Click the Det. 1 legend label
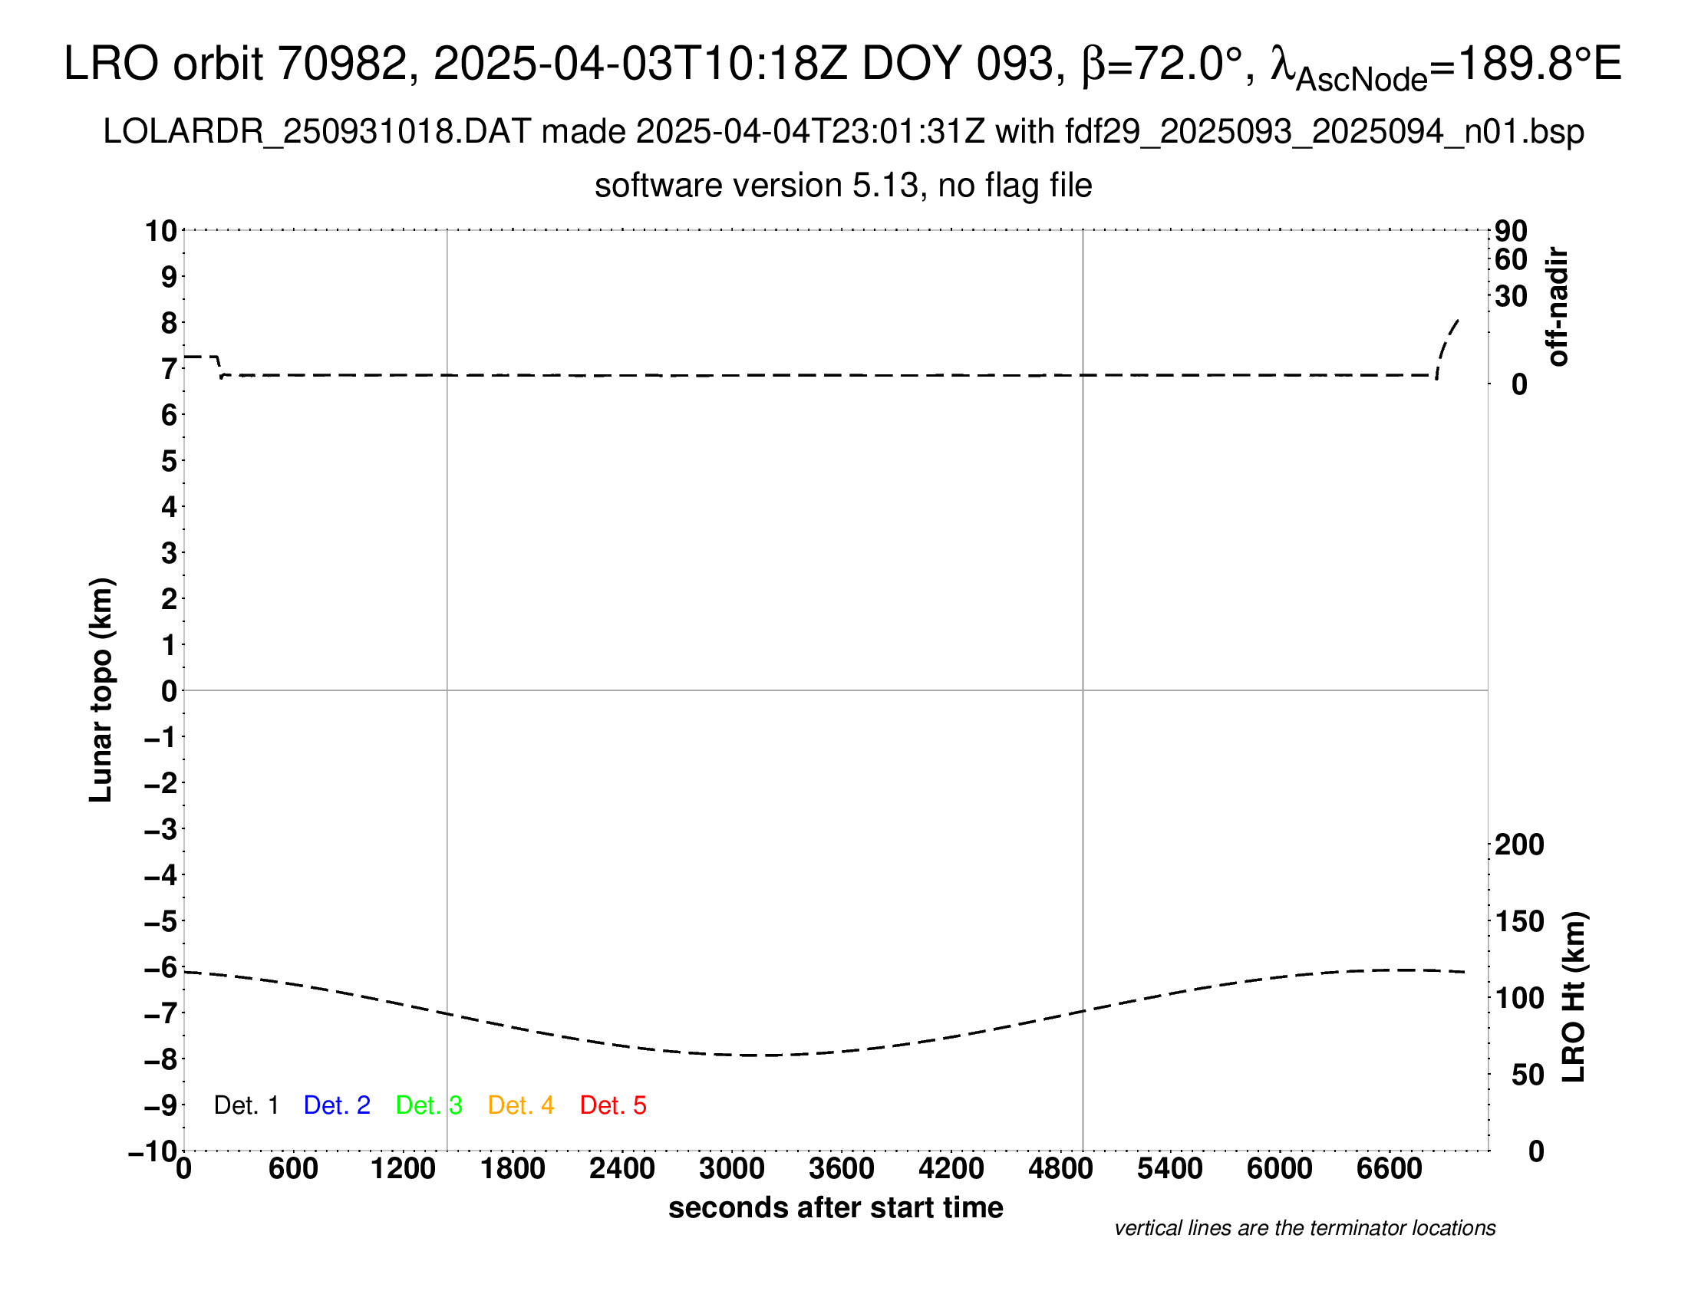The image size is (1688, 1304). (x=246, y=1105)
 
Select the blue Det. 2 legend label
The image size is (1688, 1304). (x=337, y=1105)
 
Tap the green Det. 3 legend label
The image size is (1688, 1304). (x=429, y=1105)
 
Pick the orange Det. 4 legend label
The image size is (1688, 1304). (x=521, y=1105)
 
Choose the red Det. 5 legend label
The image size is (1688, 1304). (x=613, y=1105)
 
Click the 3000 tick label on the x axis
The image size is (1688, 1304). (x=731, y=1169)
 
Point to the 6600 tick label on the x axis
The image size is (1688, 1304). (x=1389, y=1169)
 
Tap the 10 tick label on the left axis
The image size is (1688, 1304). (x=161, y=230)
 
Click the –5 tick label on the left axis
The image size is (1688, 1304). (x=161, y=921)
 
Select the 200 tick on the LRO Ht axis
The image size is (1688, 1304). (x=1518, y=845)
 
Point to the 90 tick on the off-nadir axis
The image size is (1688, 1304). (x=1511, y=230)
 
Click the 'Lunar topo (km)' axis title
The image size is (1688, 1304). (x=101, y=690)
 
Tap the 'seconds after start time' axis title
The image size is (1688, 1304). (x=836, y=1207)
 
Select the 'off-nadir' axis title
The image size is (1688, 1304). (x=1558, y=307)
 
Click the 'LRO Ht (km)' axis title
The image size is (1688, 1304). (x=1574, y=997)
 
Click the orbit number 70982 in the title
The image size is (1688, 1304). (x=342, y=64)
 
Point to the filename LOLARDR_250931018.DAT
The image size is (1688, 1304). (x=317, y=132)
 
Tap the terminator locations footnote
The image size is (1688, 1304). (x=1304, y=1228)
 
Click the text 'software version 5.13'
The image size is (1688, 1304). (x=757, y=186)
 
